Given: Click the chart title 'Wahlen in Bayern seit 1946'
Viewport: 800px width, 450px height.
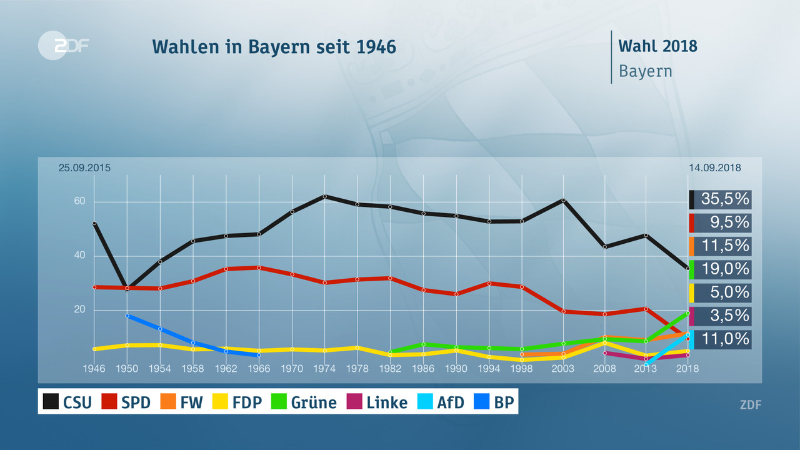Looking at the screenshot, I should pyautogui.click(x=274, y=47).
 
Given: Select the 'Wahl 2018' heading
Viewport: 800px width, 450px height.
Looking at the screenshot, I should pyautogui.click(x=657, y=46).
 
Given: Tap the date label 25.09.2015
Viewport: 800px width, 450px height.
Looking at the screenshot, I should pyautogui.click(x=84, y=167).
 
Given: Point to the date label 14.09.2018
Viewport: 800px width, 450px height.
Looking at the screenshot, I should pyautogui.click(x=715, y=167).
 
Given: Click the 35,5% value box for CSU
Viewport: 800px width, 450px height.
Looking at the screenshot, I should pyautogui.click(x=720, y=199).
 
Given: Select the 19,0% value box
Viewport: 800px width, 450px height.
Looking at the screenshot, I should pyautogui.click(x=720, y=269).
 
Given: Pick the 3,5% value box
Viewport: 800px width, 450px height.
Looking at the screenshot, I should pyautogui.click(x=720, y=316).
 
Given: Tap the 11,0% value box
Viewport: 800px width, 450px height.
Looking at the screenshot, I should pyautogui.click(x=720, y=339).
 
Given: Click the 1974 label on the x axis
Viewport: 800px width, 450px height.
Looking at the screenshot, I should pyautogui.click(x=325, y=369).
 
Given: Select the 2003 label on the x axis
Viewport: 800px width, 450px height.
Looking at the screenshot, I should pyautogui.click(x=563, y=369).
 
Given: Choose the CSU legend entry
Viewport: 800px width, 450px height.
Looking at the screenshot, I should pyautogui.click(x=67, y=402).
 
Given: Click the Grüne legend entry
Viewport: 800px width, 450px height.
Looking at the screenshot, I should pyautogui.click(x=302, y=402).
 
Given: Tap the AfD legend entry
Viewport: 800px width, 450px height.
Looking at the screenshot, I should pyautogui.click(x=441, y=402).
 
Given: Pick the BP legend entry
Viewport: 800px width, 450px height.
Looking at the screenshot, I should pyautogui.click(x=494, y=402).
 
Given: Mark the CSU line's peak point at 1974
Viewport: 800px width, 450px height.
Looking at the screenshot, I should pyautogui.click(x=325, y=196).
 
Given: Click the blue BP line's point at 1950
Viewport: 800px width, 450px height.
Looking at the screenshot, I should pyautogui.click(x=127, y=316).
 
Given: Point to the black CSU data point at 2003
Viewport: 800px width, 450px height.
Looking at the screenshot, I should pyautogui.click(x=563, y=200).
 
